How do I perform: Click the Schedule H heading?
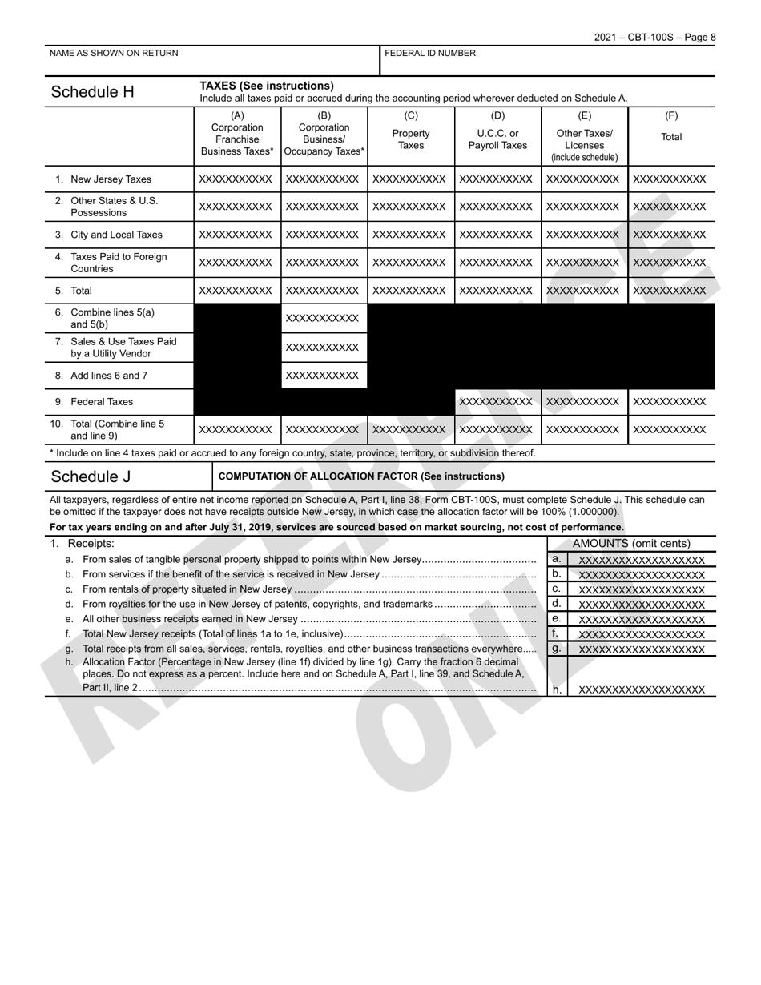pos(92,92)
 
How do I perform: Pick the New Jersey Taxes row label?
pos(111,179)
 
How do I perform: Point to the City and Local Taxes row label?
pos(116,235)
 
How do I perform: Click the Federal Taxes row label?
pos(102,402)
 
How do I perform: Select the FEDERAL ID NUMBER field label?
pos(430,54)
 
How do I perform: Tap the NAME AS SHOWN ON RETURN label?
pos(114,54)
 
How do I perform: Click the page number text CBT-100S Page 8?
pos(654,38)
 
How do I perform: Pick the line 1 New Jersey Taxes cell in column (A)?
pos(237,179)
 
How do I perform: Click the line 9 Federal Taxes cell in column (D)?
pos(497,402)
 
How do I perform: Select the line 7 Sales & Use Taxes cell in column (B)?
pos(324,348)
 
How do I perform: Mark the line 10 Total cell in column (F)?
pos(671,430)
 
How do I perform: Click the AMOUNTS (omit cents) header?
pos(631,544)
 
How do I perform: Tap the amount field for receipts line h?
pos(642,689)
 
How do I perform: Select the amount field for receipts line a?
pos(642,560)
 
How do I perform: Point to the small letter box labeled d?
pos(557,604)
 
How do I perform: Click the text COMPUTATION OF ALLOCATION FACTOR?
pos(361,476)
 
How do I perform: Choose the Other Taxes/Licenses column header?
pos(584,139)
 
